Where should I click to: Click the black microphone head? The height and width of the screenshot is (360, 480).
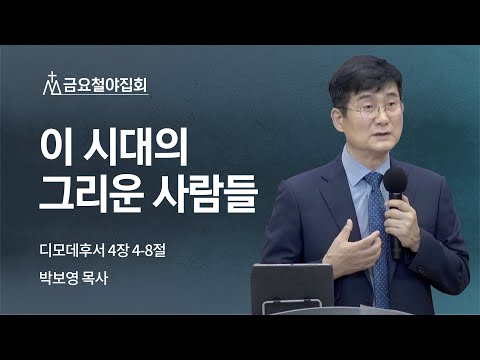(395, 182)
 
